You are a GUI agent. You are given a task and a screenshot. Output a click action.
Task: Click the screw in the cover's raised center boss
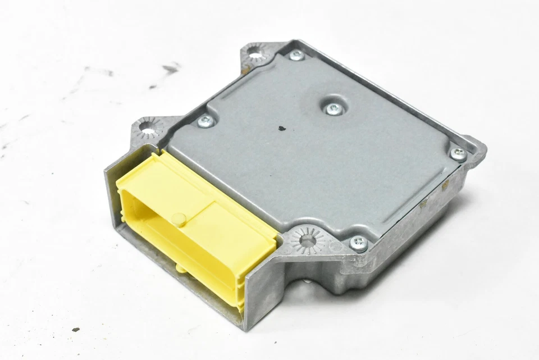(334, 109)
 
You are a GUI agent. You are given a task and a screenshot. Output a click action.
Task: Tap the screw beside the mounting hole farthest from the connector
(296, 55)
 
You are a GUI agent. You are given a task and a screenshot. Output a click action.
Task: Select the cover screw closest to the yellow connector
(205, 120)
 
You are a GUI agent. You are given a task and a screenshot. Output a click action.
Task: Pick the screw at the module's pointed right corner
(458, 153)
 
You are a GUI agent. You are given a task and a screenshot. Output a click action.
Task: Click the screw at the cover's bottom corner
(358, 243)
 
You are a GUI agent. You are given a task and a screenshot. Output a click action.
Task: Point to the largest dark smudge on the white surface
(170, 69)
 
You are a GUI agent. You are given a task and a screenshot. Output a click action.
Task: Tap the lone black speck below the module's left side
(75, 329)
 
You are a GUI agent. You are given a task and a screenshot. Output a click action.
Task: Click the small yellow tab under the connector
(182, 268)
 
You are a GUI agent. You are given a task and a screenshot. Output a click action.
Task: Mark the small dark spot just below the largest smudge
(153, 86)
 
